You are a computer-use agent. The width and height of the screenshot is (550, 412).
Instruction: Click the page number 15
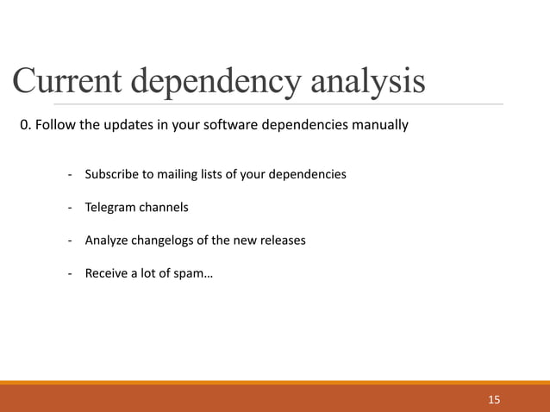click(493, 399)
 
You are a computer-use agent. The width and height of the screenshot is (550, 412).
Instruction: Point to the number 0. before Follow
click(27, 126)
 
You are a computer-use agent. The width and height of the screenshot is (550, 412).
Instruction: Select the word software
click(228, 126)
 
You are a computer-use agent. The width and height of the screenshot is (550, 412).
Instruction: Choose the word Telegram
click(111, 208)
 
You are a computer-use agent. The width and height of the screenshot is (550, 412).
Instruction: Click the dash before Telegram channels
click(69, 208)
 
